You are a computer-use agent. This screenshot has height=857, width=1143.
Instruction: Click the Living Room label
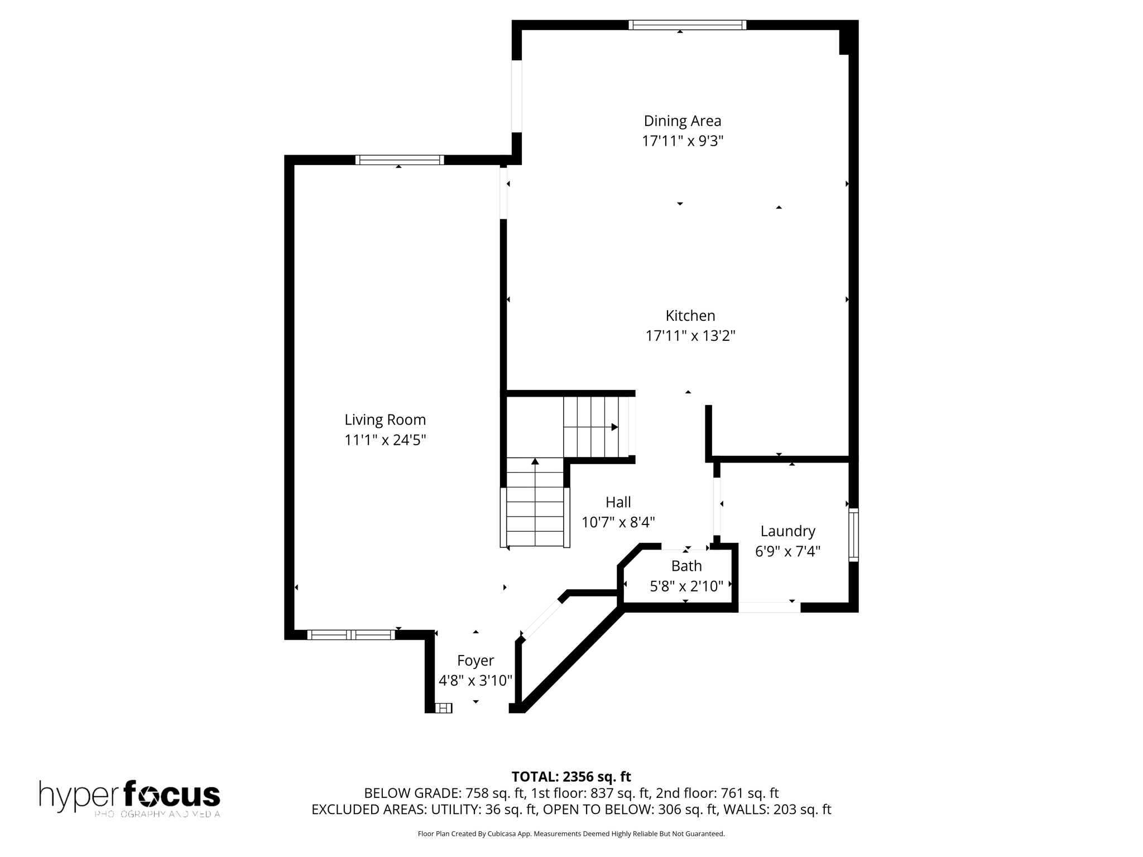385,420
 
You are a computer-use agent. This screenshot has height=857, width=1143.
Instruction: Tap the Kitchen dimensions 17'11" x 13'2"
690,336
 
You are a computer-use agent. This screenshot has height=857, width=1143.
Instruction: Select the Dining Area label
682,121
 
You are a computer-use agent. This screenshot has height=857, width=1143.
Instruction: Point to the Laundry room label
787,531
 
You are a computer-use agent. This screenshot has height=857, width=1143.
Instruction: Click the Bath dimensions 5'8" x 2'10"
686,586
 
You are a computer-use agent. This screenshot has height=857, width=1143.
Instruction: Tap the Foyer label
475,660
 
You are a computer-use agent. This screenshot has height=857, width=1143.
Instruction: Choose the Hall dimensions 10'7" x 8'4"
618,522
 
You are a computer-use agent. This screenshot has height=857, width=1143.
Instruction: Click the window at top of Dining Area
687,25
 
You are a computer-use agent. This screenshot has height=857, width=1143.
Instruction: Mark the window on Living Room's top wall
400,160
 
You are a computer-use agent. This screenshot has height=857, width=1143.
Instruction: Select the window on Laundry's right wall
853,534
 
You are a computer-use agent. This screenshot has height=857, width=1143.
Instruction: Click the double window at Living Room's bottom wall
351,634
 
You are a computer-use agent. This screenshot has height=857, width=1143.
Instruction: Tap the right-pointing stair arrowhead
614,427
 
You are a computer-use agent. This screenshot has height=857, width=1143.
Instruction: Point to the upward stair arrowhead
535,461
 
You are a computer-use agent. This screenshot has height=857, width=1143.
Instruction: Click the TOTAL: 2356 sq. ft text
571,776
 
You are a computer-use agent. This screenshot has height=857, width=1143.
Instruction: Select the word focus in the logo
171,794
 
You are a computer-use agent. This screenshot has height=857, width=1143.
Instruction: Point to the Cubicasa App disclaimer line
571,834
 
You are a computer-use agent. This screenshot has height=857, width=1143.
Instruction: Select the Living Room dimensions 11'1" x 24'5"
385,440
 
